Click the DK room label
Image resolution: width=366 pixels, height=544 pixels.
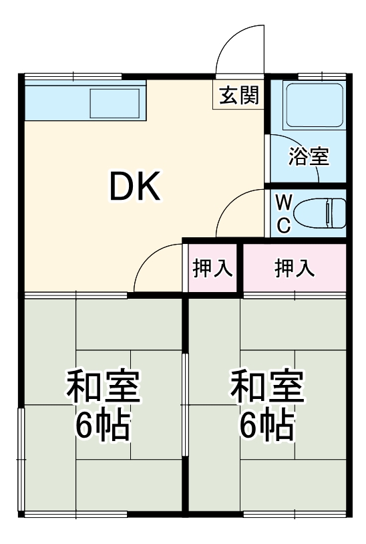[x=135, y=188]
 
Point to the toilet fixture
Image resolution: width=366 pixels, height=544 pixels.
[x=319, y=214]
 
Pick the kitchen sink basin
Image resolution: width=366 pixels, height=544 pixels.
[x=114, y=104]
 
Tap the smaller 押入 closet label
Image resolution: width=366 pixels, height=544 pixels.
[x=212, y=268]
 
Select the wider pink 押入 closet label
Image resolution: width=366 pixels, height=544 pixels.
[x=295, y=268]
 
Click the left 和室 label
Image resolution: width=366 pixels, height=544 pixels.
[x=102, y=388]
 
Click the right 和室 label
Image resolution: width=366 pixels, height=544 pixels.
[x=267, y=388]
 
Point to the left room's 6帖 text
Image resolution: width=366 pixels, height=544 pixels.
[x=102, y=425]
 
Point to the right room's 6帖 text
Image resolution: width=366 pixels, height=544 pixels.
[x=267, y=425]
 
